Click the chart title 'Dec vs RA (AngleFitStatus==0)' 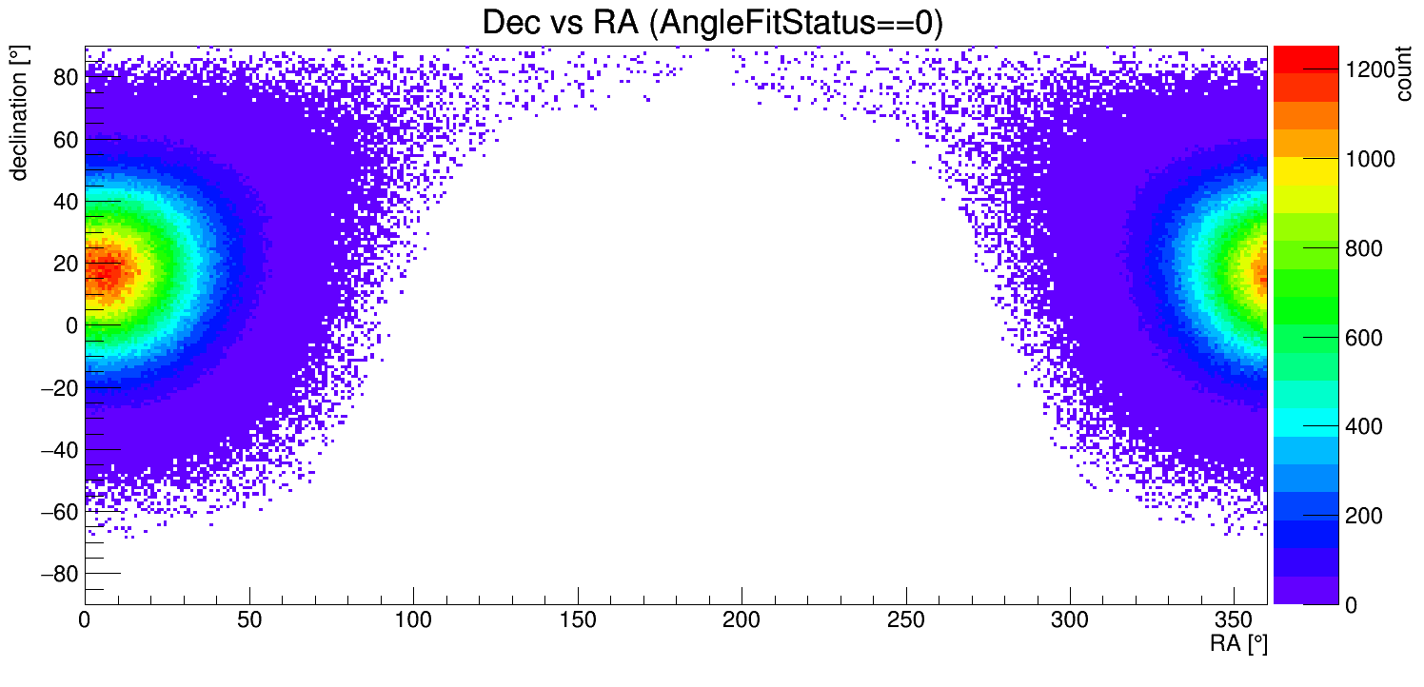[x=712, y=23]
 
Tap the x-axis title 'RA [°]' [x=1238, y=644]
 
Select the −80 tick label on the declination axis [x=56, y=574]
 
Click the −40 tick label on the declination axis [x=56, y=449]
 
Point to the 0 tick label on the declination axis [x=71, y=325]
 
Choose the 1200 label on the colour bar [x=1372, y=69]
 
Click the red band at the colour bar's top [x=1305, y=58]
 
